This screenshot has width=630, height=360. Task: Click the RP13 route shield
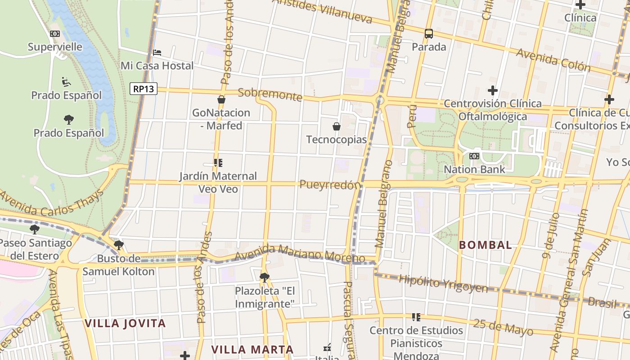click(x=144, y=89)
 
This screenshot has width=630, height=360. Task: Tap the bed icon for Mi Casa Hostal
click(x=157, y=53)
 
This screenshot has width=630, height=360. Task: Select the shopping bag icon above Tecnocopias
click(x=336, y=126)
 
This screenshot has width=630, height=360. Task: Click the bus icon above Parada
click(x=429, y=33)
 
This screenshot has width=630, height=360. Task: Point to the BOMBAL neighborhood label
click(x=486, y=245)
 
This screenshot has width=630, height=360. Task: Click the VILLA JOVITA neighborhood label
click(x=125, y=323)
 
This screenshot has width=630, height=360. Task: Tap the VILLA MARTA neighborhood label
click(x=252, y=350)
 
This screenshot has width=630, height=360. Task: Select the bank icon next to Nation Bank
click(x=474, y=156)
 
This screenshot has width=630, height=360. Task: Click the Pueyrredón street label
click(x=330, y=184)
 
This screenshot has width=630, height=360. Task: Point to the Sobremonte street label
click(x=270, y=94)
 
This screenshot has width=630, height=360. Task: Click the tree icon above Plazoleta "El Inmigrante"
click(x=265, y=277)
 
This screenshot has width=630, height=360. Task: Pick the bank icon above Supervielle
click(x=55, y=34)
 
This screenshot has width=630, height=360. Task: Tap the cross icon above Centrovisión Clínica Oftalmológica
click(x=493, y=90)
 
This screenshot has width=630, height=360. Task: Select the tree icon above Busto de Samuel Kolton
click(x=118, y=245)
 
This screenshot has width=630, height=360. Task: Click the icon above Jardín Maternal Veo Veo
click(x=218, y=163)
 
